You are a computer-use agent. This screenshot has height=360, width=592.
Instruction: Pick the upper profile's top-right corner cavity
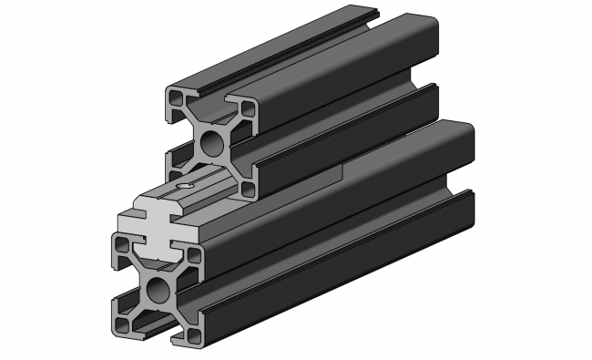248,101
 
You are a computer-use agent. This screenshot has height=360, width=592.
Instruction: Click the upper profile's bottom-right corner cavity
248,188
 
